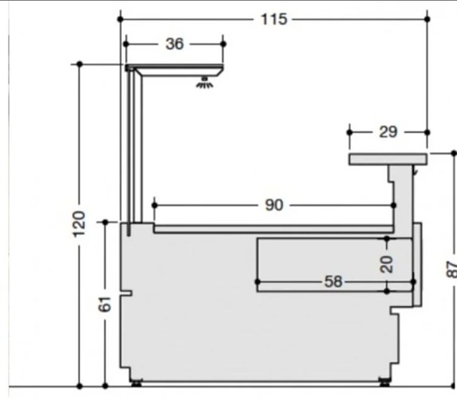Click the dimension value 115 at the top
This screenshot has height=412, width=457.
273,18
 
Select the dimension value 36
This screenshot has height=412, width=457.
174,44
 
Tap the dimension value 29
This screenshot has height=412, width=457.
388,132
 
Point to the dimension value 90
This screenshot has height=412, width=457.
273,205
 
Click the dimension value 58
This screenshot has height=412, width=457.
335,282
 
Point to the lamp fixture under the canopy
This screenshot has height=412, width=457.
206,80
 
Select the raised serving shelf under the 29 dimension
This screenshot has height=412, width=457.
388,160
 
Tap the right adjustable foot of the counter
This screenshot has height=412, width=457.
385,382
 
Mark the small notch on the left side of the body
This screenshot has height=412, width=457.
126,301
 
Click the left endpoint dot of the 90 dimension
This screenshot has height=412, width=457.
153,205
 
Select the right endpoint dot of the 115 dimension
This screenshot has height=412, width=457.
427,18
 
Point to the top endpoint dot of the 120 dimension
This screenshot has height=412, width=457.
79,63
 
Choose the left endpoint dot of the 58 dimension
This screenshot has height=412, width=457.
257,282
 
